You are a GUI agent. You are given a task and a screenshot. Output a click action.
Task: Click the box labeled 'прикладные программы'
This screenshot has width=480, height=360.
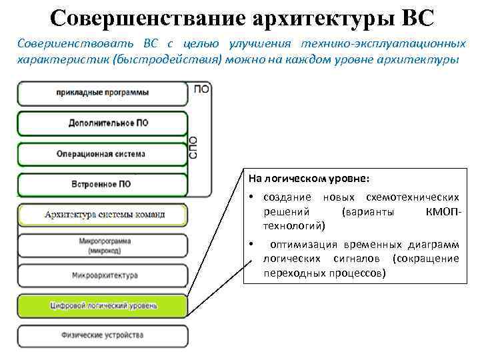(102, 93)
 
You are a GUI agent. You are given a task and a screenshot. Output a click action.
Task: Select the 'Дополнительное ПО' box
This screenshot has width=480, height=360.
(102, 123)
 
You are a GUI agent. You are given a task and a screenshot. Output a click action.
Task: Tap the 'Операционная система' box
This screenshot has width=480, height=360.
(102, 154)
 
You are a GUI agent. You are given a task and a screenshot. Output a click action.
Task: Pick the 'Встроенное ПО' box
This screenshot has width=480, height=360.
(102, 183)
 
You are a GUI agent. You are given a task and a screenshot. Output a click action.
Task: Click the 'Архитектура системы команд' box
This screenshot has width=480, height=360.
(104, 215)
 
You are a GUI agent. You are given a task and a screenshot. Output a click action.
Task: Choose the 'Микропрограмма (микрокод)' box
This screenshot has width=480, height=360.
(104, 244)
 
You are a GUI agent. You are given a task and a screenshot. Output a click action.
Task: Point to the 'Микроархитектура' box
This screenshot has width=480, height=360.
(104, 275)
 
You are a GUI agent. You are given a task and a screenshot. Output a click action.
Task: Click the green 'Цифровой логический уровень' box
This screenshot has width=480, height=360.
(104, 305)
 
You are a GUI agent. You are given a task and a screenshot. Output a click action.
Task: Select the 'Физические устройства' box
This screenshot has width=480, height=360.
(104, 335)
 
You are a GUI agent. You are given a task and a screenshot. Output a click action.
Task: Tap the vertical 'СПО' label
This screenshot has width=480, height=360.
(194, 147)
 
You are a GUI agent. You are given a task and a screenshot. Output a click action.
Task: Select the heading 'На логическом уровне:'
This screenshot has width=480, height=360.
(307, 179)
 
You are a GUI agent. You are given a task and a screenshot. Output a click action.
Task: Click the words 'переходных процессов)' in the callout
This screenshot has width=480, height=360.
(324, 273)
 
